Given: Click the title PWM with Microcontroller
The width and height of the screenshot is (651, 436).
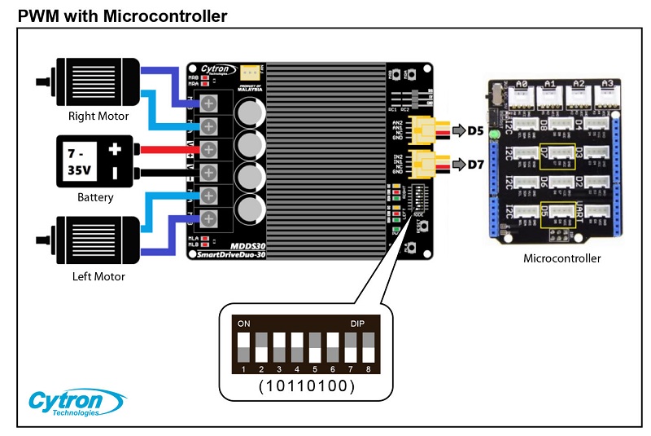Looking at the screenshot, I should coord(122,15).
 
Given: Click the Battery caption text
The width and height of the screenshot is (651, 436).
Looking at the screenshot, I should coord(94,197).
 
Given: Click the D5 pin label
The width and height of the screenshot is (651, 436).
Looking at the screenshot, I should coord(477,130).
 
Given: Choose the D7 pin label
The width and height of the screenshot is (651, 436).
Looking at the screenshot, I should coord(477,164).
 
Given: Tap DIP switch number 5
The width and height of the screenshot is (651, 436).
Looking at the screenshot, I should coord(315,347).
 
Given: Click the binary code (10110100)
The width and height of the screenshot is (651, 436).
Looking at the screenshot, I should coord(306,385).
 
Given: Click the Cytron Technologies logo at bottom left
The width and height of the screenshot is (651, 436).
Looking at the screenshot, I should coord(76,403).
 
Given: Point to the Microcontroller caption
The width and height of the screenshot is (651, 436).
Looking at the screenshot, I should coord(561,259).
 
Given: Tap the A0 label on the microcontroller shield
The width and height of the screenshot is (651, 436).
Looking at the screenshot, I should coord(522,83).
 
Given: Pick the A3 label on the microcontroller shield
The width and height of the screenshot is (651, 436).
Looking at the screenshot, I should coord(605,83).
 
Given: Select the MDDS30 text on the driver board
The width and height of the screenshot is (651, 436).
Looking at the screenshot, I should coord(249,244).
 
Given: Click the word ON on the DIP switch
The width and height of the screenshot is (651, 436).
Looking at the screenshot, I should coord(243,324).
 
